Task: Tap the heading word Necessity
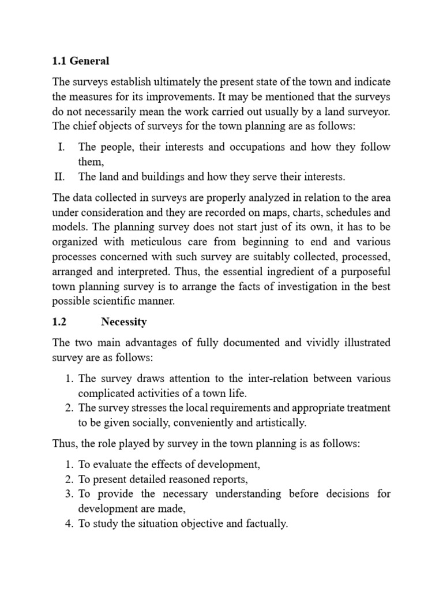tap(124, 321)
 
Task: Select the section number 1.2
tap(60, 321)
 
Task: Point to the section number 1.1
tap(60, 61)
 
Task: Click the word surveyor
tap(369, 111)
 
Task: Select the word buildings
tap(159, 177)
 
